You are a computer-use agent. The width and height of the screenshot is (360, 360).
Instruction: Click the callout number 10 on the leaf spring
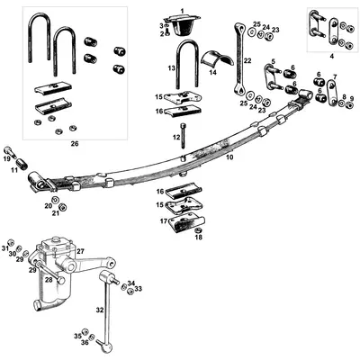[229, 157]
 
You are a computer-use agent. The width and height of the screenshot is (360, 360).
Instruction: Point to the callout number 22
[247, 61]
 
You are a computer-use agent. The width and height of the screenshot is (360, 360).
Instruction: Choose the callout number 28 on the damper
[49, 280]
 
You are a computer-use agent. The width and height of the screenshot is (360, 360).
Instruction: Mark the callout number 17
[163, 220]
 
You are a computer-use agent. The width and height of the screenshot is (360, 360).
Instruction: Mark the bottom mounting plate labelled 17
[185, 219]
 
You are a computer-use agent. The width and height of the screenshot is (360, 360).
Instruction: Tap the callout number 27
[79, 252]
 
